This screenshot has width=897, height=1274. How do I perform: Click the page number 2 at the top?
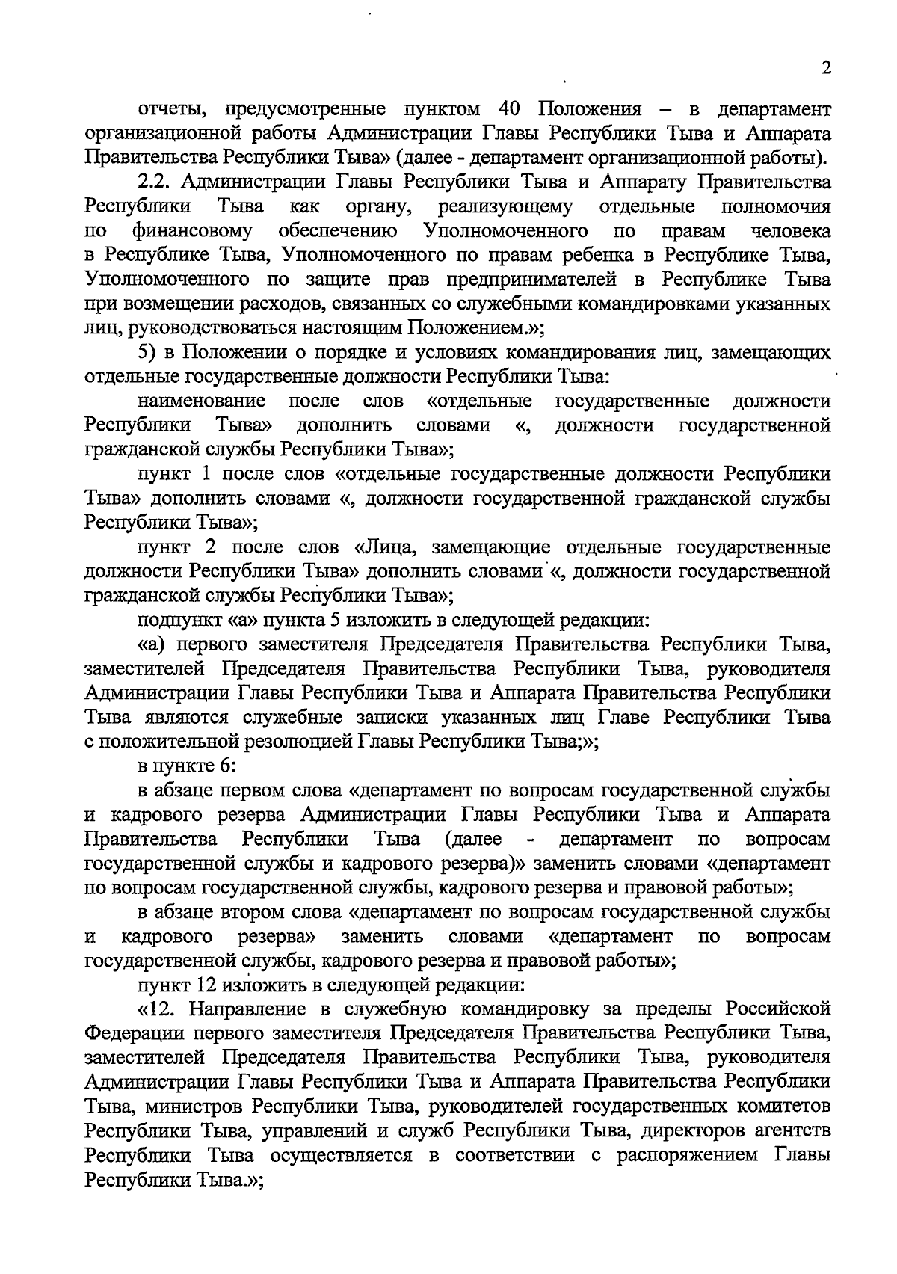click(826, 68)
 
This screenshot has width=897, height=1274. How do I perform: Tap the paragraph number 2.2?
click(156, 182)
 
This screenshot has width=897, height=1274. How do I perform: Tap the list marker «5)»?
click(148, 352)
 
